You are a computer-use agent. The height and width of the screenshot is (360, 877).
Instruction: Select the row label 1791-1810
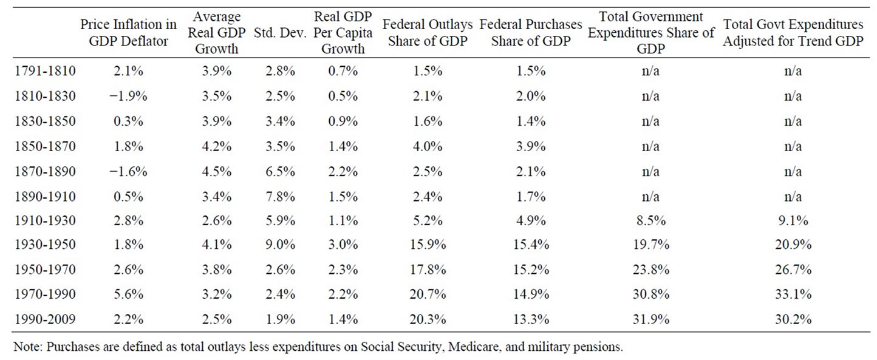[44, 71]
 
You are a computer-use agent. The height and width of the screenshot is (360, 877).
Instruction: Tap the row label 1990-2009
[44, 319]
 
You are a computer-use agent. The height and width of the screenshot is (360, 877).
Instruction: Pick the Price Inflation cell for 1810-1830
[129, 96]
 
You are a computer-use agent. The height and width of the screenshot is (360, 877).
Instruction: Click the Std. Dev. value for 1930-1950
[280, 245]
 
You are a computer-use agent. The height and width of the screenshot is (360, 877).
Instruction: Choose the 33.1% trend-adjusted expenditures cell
[793, 294]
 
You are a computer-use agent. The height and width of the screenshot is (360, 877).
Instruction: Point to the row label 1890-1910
[44, 195]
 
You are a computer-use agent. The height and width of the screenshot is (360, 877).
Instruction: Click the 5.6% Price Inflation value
[129, 294]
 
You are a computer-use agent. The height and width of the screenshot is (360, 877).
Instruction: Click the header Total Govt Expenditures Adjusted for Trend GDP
[793, 32]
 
